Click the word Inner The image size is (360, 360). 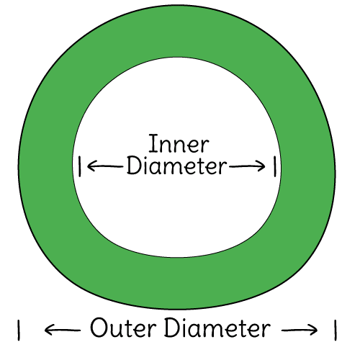pyautogui.click(x=179, y=143)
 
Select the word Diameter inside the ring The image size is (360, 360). pyautogui.click(x=177, y=166)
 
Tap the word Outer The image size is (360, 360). pyautogui.click(x=123, y=328)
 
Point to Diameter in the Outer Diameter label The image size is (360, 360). pyautogui.click(x=217, y=328)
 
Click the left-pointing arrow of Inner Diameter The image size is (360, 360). pyautogui.click(x=105, y=166)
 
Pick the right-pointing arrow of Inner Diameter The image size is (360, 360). pyautogui.click(x=247, y=166)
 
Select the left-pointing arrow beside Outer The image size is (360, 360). pyautogui.click(x=63, y=330)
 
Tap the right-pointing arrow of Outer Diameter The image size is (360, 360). pyautogui.click(x=300, y=330)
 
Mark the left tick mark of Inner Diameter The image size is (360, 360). pyautogui.click(x=80, y=166)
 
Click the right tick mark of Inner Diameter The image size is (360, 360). pyautogui.click(x=275, y=166)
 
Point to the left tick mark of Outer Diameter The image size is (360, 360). pyautogui.click(x=19, y=330)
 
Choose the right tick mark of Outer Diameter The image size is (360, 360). pyautogui.click(x=336, y=330)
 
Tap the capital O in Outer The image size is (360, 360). pyautogui.click(x=99, y=328)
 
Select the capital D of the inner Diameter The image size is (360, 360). pyautogui.click(x=134, y=166)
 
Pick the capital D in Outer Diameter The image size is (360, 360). pyautogui.click(x=171, y=328)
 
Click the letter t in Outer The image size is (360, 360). pyautogui.click(x=130, y=328)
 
